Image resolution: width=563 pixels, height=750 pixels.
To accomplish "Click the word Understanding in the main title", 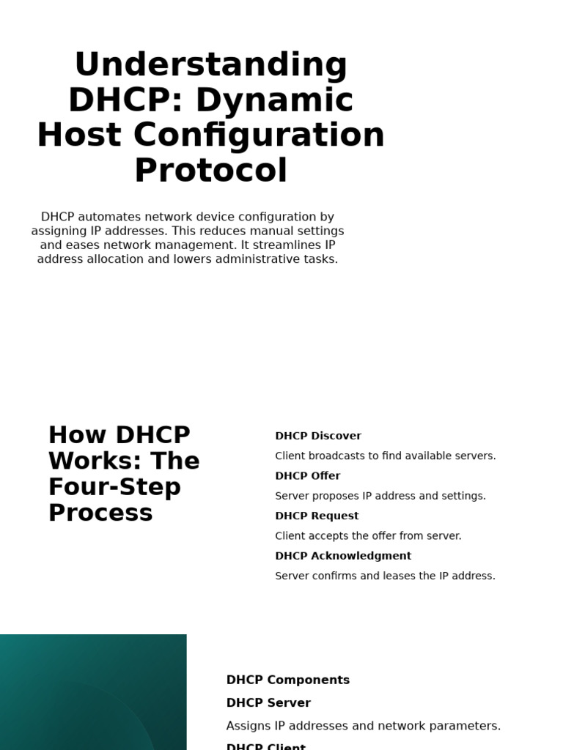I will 210,65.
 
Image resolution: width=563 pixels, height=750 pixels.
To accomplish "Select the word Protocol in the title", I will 210,171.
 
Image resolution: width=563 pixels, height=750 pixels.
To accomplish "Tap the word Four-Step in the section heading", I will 114,487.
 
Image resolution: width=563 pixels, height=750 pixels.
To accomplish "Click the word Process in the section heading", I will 100,513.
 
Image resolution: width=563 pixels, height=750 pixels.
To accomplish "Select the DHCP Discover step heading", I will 318,436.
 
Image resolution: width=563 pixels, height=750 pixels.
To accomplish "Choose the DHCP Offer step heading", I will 308,476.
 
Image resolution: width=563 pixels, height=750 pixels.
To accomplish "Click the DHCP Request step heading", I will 317,516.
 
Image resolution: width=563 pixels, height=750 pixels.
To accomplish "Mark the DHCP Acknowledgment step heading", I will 343,556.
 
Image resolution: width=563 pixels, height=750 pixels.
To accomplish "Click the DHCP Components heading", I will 288,680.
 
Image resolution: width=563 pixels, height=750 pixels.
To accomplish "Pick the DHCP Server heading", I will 268,703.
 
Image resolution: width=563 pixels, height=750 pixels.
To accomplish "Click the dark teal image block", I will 93,692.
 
